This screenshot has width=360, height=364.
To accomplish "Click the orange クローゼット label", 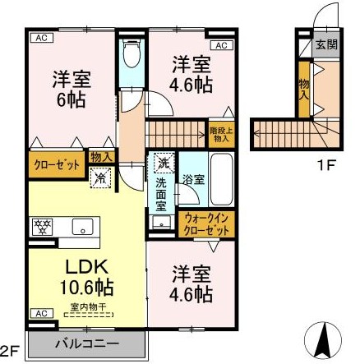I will (58, 164).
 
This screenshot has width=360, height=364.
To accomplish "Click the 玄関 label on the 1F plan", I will (325, 45).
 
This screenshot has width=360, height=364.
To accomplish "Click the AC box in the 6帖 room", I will (39, 38).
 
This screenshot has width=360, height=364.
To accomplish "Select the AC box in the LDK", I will (38, 313).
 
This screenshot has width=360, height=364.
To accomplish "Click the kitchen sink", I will (81, 227).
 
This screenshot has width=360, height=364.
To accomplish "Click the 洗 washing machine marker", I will (163, 162).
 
